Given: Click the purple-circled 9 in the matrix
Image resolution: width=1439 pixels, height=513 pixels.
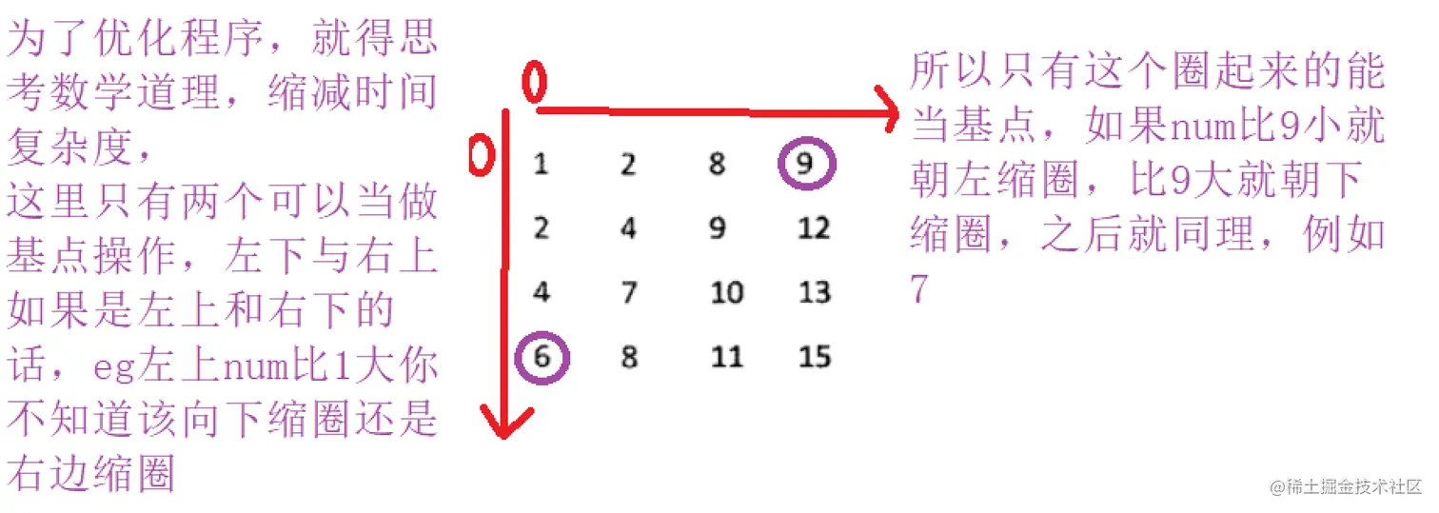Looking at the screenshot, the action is click(805, 164).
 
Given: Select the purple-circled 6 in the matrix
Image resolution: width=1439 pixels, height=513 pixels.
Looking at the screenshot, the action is click(542, 358).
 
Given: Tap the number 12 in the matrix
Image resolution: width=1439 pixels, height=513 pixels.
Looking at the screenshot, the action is click(815, 227).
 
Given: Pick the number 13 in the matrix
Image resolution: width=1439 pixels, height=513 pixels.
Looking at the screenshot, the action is click(815, 291).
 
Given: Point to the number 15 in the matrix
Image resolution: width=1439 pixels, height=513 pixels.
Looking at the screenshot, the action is click(815, 358).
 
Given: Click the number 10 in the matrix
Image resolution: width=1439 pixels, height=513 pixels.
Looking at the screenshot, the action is click(726, 291).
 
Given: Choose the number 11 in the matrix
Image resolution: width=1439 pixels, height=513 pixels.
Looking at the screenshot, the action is click(726, 358).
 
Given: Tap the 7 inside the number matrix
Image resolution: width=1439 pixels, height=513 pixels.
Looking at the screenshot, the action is click(628, 291).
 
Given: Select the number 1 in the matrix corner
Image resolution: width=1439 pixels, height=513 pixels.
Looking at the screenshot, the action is click(541, 164).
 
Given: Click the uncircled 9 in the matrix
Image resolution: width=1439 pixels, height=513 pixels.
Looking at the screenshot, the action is click(718, 227).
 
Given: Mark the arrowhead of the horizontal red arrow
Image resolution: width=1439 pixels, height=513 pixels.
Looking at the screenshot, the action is click(888, 112).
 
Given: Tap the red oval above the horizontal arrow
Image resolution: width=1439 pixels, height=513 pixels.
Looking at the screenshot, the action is click(535, 82).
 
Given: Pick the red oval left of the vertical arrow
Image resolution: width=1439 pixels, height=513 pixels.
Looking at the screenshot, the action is click(483, 155).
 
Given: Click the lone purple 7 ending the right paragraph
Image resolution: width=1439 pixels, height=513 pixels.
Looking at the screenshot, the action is click(919, 287).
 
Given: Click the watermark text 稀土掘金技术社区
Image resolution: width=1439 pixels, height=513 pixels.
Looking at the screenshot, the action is click(1352, 486).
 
